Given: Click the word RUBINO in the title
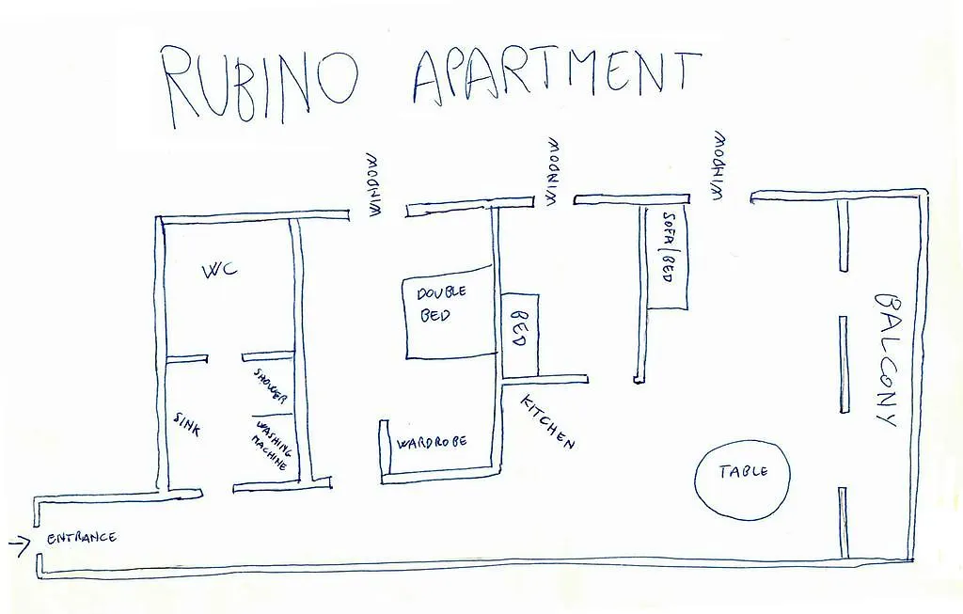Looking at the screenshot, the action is pyautogui.click(x=260, y=85).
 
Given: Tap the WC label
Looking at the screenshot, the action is pyautogui.click(x=220, y=270).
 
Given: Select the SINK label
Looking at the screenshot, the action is pyautogui.click(x=186, y=424).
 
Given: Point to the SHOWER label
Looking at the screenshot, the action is pyautogui.click(x=270, y=386).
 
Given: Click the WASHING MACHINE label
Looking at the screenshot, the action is pyautogui.click(x=271, y=444).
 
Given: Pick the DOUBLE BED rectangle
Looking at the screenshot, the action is pyautogui.click(x=450, y=312).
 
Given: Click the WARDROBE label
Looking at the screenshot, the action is pyautogui.click(x=433, y=443).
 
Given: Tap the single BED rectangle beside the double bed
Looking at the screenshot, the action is pyautogui.click(x=520, y=336).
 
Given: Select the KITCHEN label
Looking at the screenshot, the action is pyautogui.click(x=547, y=421).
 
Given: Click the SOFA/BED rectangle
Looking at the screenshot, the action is pyautogui.click(x=668, y=258).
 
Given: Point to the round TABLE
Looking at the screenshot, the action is pyautogui.click(x=743, y=477).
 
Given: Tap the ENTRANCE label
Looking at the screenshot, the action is pyautogui.click(x=82, y=539).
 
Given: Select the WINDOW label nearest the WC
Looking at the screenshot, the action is pyautogui.click(x=375, y=184).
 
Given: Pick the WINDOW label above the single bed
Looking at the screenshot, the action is pyautogui.click(x=554, y=171).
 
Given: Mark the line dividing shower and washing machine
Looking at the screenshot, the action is pyautogui.click(x=271, y=415).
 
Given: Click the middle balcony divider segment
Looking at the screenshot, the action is pyautogui.click(x=844, y=364).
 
